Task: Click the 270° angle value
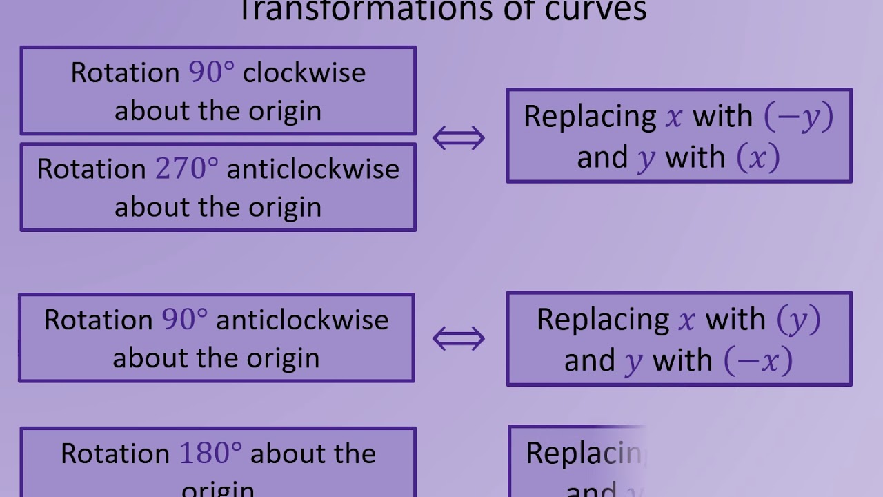pos(186,169)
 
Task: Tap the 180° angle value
pos(210,454)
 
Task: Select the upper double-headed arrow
pos(459,138)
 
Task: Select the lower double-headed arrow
pos(459,338)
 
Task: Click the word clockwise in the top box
pos(304,72)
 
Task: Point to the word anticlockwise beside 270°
pos(312,169)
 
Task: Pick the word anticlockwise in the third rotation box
pos(302,320)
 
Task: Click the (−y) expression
pos(799,117)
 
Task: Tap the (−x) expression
pos(757,361)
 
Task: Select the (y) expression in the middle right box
pos(799,320)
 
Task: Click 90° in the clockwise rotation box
pos(212,72)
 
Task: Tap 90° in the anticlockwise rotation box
pos(184,320)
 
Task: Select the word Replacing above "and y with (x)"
pos(590,117)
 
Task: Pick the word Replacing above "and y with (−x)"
pos(603,320)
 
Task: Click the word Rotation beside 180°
pos(115,454)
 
